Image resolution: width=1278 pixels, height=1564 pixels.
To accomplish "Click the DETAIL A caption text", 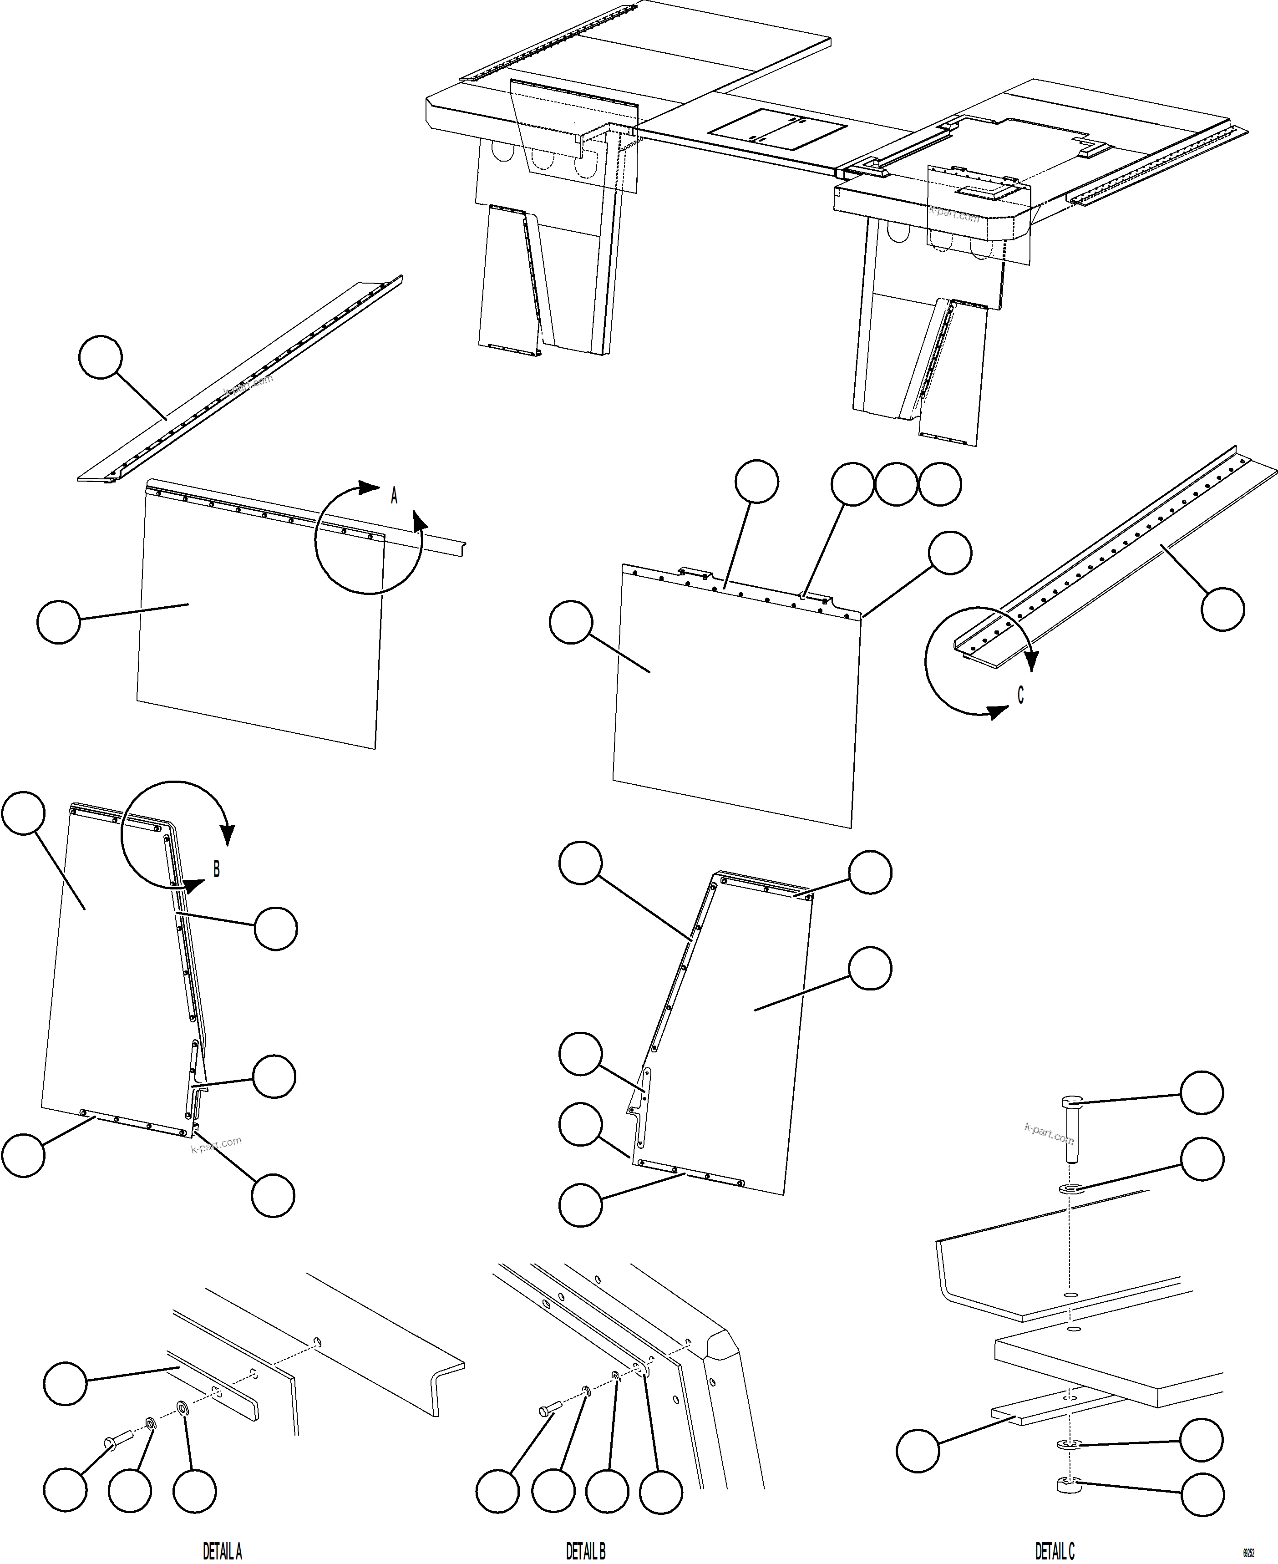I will pos(222,1551).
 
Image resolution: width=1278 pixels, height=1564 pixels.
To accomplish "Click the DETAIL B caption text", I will pos(585,1551).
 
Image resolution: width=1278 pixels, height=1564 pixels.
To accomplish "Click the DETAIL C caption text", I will pos(1054,1551).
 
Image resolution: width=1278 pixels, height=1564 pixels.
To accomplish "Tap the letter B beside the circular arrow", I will pos(217,870).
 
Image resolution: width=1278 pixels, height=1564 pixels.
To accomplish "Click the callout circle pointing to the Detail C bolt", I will pos(1202,1093).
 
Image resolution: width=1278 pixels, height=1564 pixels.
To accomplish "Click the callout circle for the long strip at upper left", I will pos(100,357).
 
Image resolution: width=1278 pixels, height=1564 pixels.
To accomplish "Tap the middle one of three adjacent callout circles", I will pos(896,484).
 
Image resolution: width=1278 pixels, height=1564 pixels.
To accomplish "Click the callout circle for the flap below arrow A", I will pos(58,622).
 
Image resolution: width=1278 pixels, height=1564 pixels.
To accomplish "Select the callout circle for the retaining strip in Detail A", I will pos(66,1384).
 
